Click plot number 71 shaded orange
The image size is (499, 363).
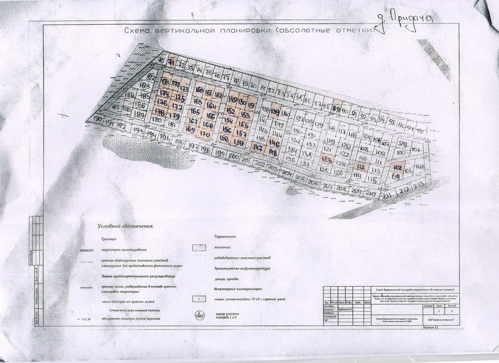(x=173, y=62)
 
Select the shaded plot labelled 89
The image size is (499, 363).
(x=337, y=107)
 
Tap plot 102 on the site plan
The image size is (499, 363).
(x=398, y=168)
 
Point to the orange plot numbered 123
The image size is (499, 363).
(x=326, y=159)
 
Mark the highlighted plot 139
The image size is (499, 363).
(x=275, y=112)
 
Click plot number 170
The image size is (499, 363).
(x=205, y=134)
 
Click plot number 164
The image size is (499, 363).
(x=211, y=106)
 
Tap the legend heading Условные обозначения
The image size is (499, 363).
(x=125, y=226)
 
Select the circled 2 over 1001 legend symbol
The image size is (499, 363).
(x=200, y=316)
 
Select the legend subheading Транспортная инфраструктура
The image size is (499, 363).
(x=242, y=269)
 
